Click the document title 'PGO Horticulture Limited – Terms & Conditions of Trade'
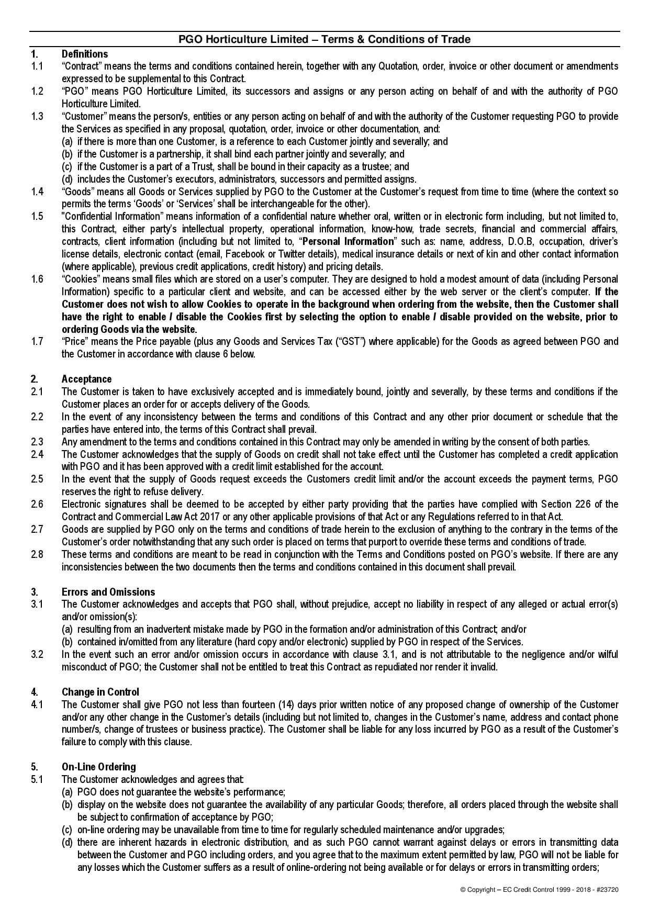pyautogui.click(x=324, y=40)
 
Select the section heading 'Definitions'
pyautogui.click(x=85, y=54)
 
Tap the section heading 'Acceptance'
pyautogui.click(x=86, y=379)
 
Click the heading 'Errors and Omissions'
pyautogui.click(x=108, y=592)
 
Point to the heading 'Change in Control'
pyautogui.click(x=100, y=692)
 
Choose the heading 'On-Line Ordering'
pyautogui.click(x=98, y=767)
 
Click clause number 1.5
pyautogui.click(x=37, y=216)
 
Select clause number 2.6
pyautogui.click(x=37, y=504)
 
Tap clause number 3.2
pyautogui.click(x=37, y=654)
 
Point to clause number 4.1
pyautogui.click(x=37, y=704)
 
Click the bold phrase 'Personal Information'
pyautogui.click(x=348, y=241)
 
